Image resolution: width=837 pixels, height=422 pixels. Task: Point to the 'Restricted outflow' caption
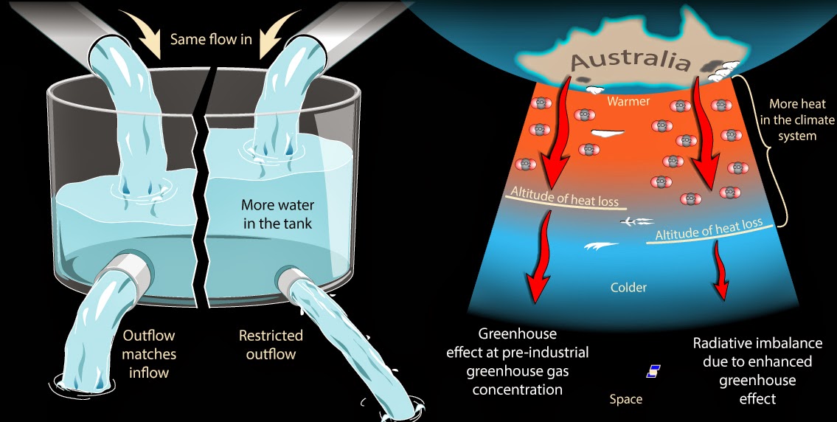[x=271, y=345]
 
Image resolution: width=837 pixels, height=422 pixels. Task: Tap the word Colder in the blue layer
[x=628, y=286]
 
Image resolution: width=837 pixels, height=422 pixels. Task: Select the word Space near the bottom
[x=625, y=399]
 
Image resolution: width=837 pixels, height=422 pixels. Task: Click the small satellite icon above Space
[x=653, y=371]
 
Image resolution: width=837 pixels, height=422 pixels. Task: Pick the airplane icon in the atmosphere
[x=635, y=220]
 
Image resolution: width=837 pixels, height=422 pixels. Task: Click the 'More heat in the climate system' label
[x=793, y=120]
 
